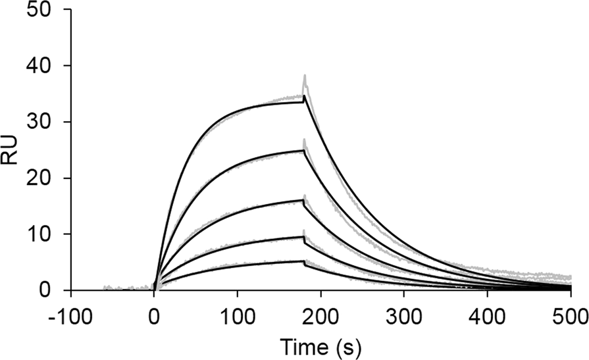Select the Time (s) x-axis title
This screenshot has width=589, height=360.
pos(320,344)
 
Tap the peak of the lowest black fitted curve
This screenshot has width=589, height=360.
pos(304,261)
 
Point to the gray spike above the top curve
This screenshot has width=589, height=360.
pos(305,77)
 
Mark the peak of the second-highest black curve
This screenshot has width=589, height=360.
pos(304,151)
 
